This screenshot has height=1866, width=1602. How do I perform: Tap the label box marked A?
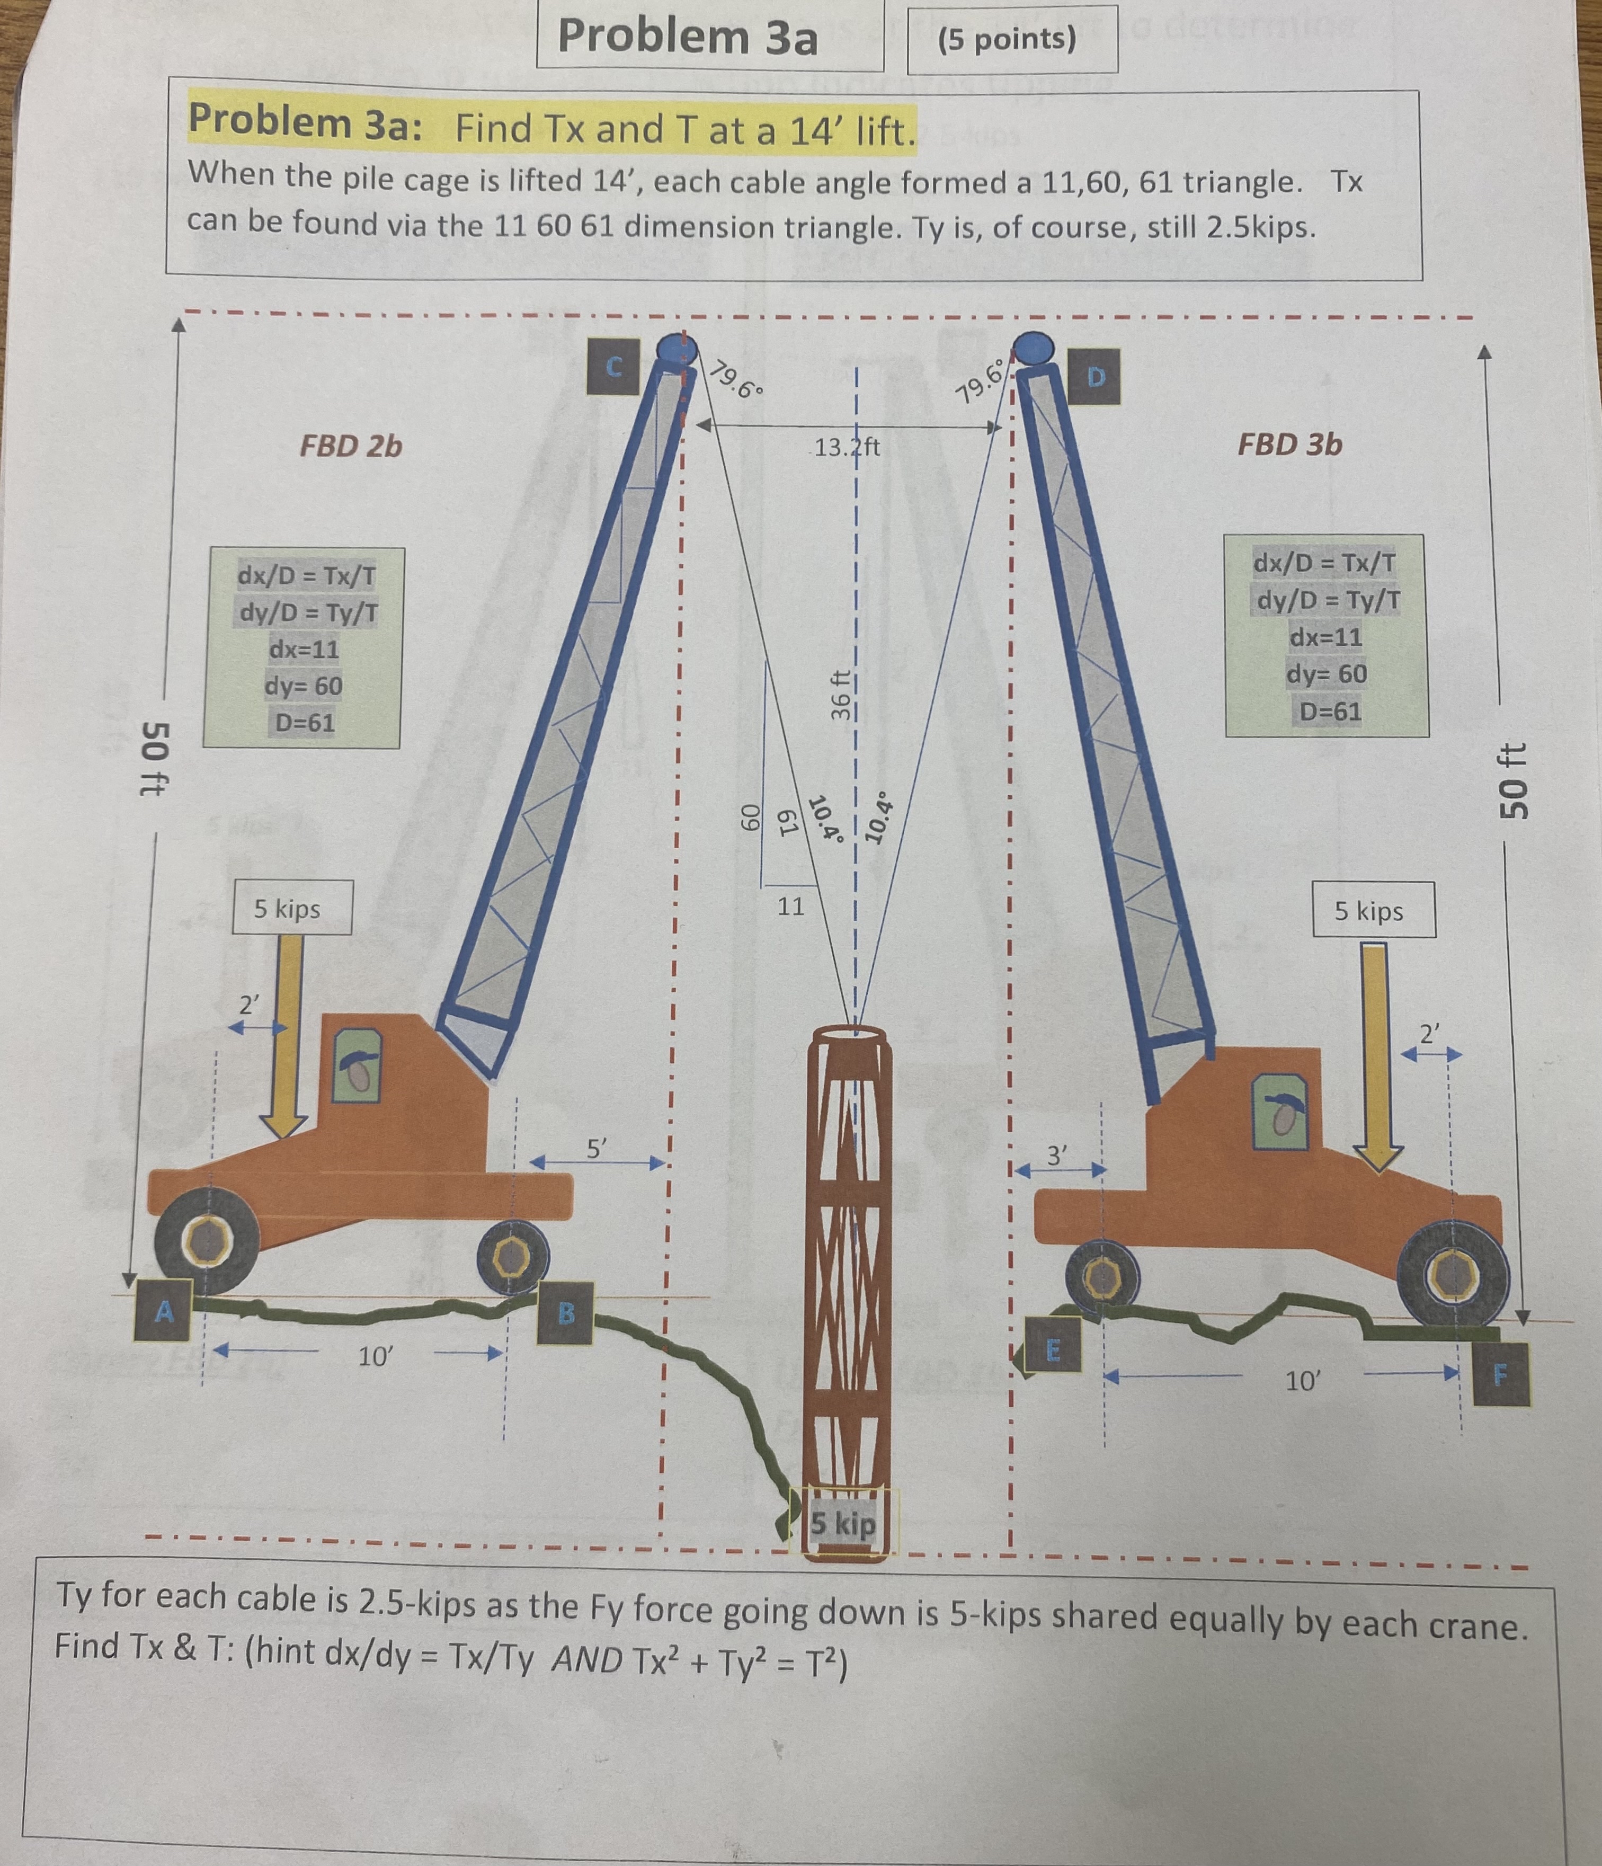[164, 1310]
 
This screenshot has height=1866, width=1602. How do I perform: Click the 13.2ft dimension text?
[847, 446]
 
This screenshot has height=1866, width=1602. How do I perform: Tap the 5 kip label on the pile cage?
[843, 1524]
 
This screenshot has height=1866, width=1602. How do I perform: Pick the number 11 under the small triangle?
[790, 906]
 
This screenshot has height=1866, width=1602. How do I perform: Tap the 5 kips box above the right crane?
[1369, 911]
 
